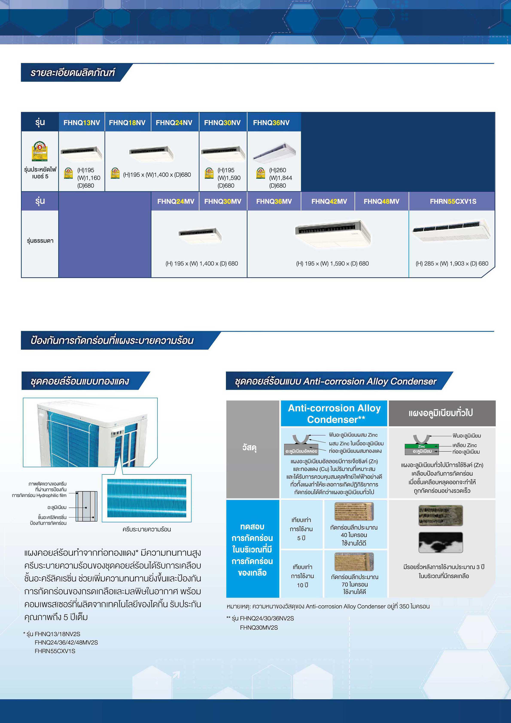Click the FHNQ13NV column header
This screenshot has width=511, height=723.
82,122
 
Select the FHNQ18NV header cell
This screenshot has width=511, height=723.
127,122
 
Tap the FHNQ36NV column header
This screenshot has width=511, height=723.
271,122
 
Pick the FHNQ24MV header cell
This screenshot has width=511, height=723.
176,201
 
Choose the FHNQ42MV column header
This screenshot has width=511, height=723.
329,201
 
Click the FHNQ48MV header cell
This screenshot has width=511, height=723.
381,201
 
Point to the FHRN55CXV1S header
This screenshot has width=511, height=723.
453,201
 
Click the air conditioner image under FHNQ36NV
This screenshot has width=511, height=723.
274,152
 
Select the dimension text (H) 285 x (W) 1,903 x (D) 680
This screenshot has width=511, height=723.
452,263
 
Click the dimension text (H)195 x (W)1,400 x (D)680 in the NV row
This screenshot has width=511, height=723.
157,175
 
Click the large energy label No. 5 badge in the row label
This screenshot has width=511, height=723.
40,151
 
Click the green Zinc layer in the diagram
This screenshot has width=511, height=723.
422,446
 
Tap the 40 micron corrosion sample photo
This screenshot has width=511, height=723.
354,511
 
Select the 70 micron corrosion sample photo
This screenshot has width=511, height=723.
354,562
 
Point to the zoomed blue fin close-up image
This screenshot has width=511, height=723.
147,498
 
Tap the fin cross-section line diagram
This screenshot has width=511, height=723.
87,506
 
